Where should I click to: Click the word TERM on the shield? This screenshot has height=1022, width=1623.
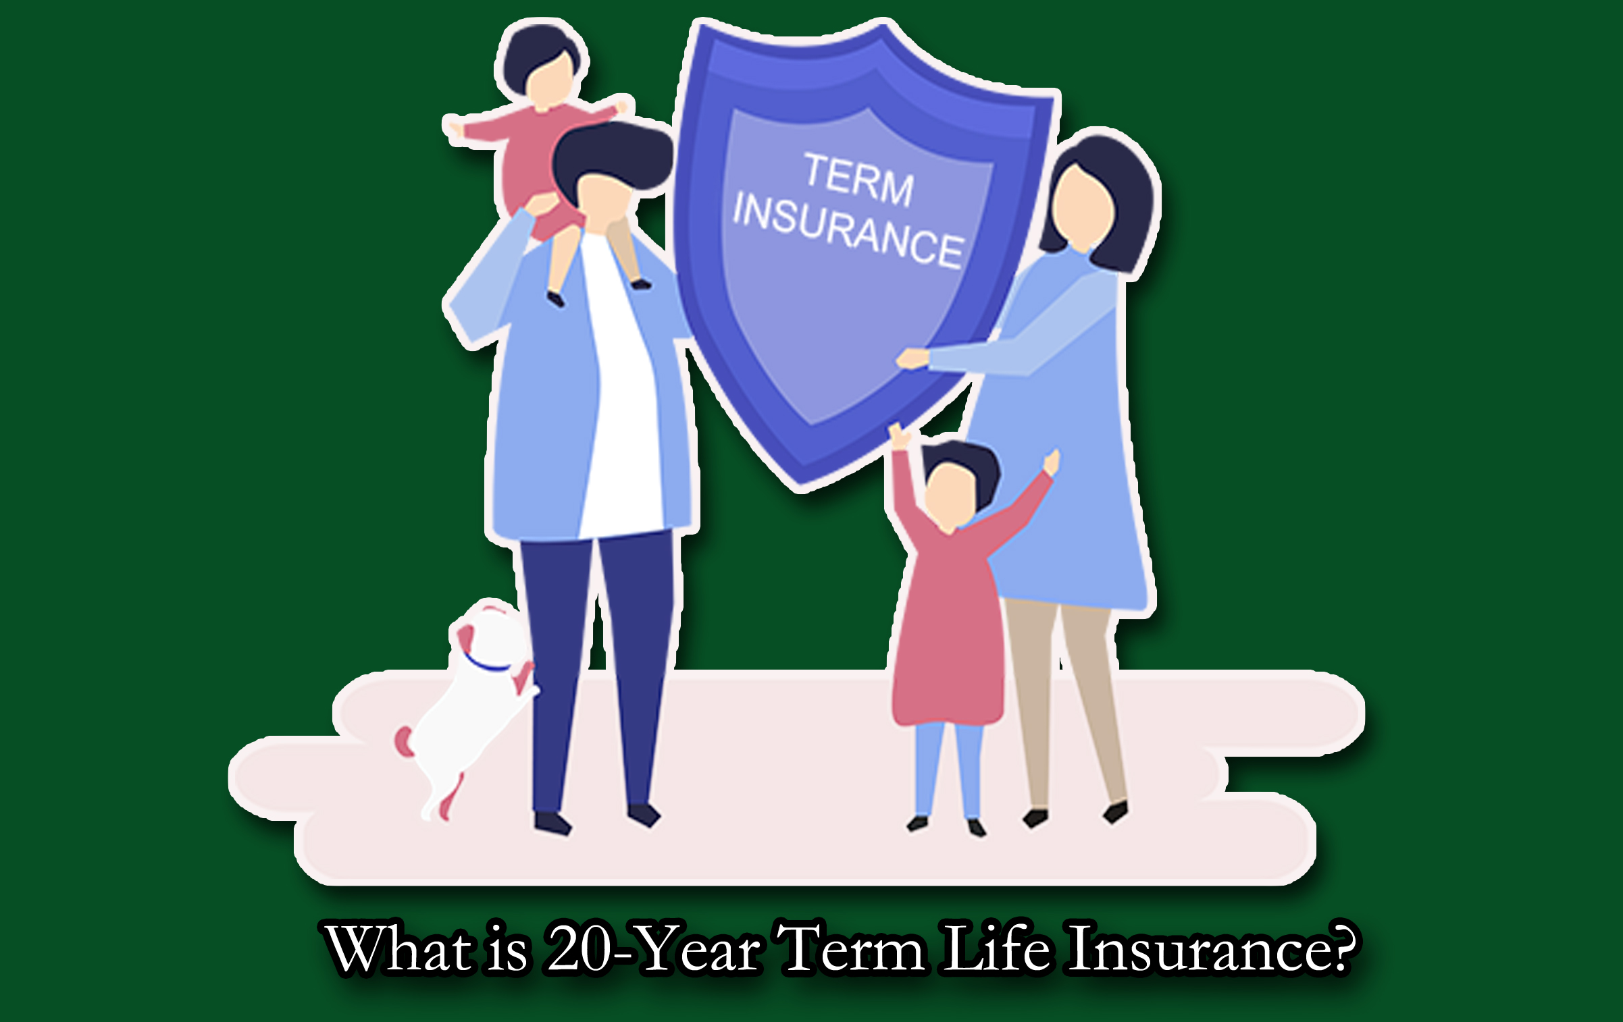coord(858,179)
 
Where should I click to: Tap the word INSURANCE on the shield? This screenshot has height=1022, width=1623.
coord(848,230)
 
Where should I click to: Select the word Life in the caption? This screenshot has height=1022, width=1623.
coord(996,948)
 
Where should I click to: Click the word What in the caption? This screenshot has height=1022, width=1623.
coord(398,949)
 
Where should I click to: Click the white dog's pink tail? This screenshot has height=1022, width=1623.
coord(405,741)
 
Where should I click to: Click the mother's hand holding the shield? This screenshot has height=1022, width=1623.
coord(912,358)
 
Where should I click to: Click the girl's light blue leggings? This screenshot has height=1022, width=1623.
coord(949,770)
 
